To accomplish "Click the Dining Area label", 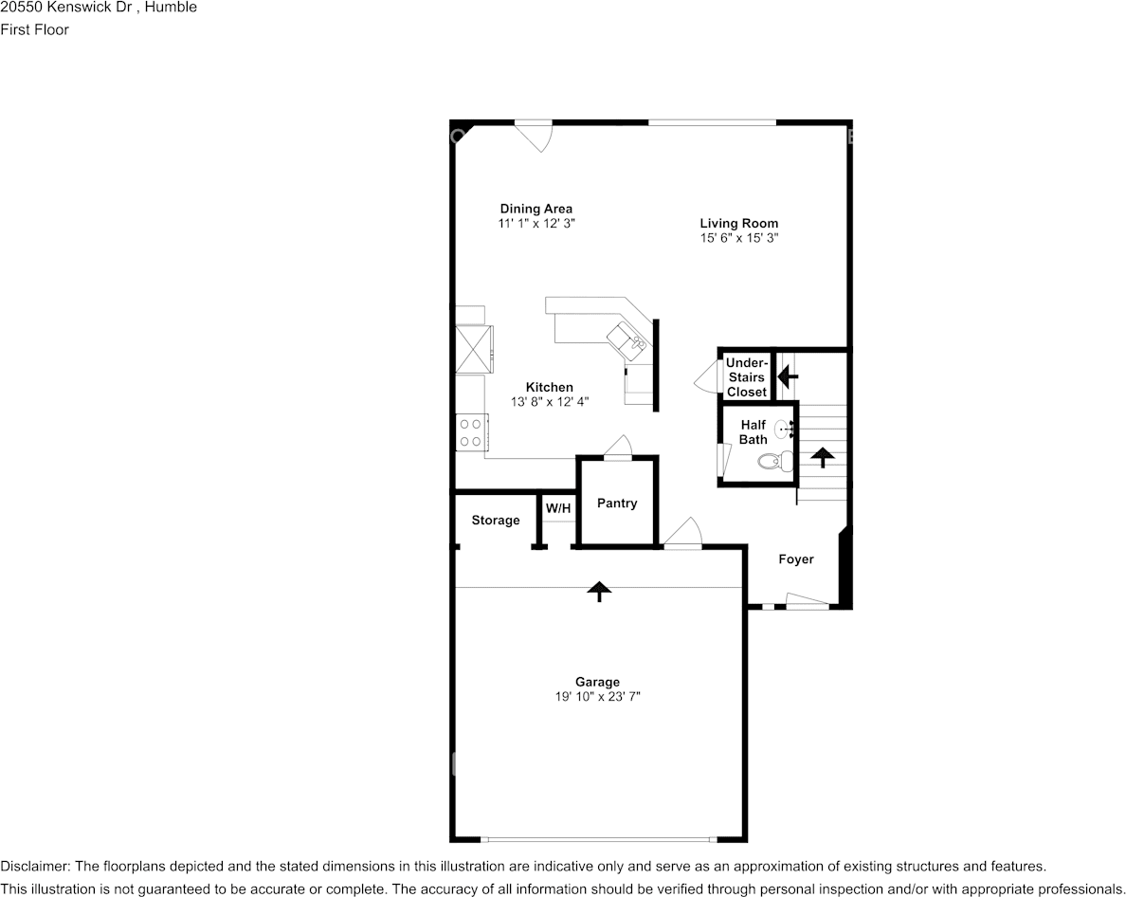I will [536, 209].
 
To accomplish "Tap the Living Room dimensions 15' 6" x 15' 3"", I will [739, 239].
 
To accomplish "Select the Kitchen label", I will [550, 387].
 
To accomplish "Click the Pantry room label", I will [617, 503].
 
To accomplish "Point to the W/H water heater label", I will [558, 509].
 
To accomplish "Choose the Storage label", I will [496, 520].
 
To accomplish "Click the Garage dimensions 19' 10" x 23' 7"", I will [597, 697].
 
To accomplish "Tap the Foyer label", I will [796, 559].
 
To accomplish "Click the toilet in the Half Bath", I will [775, 462].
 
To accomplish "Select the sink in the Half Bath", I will [785, 429].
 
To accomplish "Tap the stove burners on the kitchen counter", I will [470, 432].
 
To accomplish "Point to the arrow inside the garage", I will [598, 591].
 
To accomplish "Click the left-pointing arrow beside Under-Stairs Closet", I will [788, 377].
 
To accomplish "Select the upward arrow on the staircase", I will [821, 457].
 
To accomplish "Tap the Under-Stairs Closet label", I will [747, 377].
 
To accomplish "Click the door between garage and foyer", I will [682, 535].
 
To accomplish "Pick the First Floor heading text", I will [34, 29].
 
